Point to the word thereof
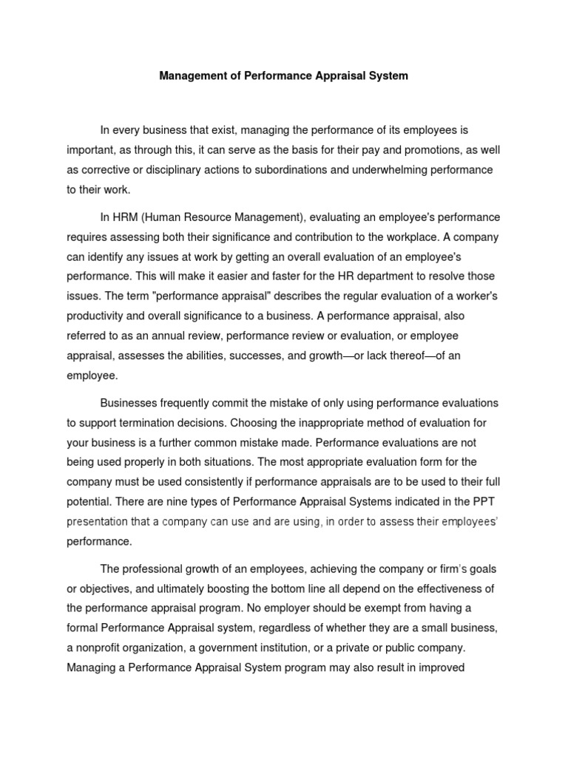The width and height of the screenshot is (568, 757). click(398, 356)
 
